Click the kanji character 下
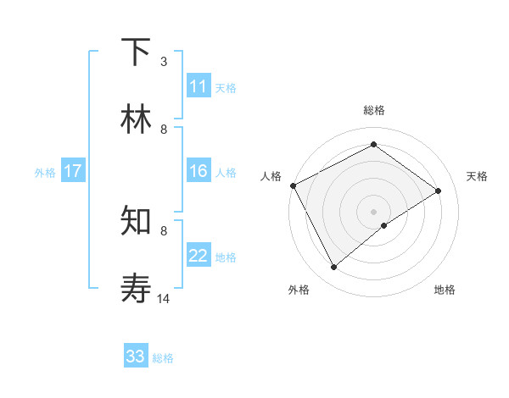pyautogui.click(x=136, y=53)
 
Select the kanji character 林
pyautogui.click(x=136, y=119)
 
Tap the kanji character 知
pyautogui.click(x=136, y=221)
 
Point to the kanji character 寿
pyautogui.click(x=136, y=288)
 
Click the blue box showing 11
pyautogui.click(x=199, y=86)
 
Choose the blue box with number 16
pyautogui.click(x=199, y=171)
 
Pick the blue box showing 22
pyautogui.click(x=199, y=256)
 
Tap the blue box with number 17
pyautogui.click(x=73, y=171)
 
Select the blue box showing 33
pyautogui.click(x=136, y=357)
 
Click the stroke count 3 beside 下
pyautogui.click(x=164, y=62)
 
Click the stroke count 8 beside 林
pyautogui.click(x=164, y=130)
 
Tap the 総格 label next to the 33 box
pyautogui.click(x=163, y=358)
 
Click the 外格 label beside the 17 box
pyautogui.click(x=45, y=172)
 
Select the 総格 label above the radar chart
pyautogui.click(x=374, y=110)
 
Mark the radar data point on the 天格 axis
pyautogui.click(x=439, y=191)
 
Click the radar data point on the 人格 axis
pyautogui.click(x=293, y=185)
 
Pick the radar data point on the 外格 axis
pyautogui.click(x=334, y=268)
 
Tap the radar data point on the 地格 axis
pyautogui.click(x=384, y=225)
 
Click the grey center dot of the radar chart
pyautogui.click(x=374, y=211)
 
